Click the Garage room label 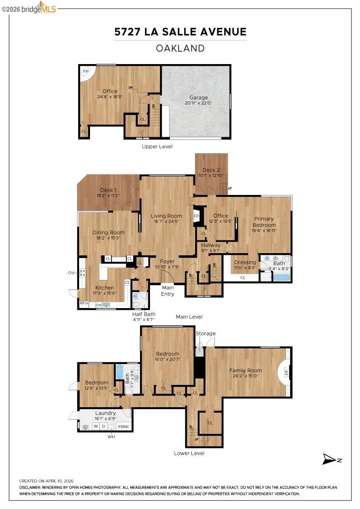click(199, 98)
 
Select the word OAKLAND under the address click(180, 48)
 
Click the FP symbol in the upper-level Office click(85, 72)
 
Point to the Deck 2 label click(211, 170)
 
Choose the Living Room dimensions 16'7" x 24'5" click(166, 222)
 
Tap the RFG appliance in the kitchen click(84, 303)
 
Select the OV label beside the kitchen click(71, 273)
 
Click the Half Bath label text click(144, 314)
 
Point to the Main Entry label click(168, 290)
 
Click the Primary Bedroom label click(264, 222)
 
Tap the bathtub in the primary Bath click(281, 277)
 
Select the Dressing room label click(245, 262)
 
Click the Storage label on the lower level click(206, 334)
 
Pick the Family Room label click(245, 370)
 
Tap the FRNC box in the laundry click(124, 427)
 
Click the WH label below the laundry click(111, 437)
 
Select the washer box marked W click(96, 426)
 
